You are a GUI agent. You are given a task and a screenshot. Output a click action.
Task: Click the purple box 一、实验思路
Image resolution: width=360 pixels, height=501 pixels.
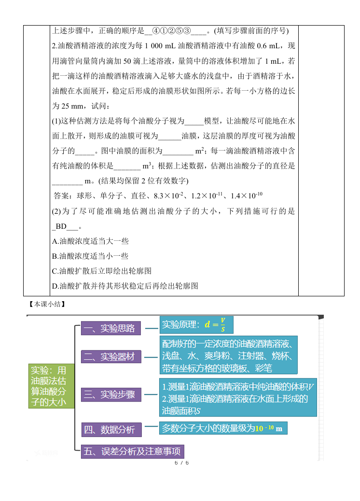coord(111,329)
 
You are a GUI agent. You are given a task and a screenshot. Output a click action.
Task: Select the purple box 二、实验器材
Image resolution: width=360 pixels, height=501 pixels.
coord(111,357)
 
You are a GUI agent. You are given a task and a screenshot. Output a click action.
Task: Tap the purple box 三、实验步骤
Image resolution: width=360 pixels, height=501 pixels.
coord(111,395)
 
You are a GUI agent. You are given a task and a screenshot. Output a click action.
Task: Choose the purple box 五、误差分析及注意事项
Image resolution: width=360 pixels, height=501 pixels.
coord(132,451)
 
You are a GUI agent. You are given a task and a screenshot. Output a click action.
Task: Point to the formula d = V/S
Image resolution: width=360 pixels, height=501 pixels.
coord(215,324)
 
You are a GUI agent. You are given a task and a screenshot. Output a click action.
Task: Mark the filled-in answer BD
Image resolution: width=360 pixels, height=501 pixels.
coord(61,226)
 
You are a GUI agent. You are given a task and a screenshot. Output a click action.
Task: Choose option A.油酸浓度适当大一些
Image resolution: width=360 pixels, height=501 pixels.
coord(90,241)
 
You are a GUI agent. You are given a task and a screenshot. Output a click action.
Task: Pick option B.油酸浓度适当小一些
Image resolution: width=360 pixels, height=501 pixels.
coord(90,256)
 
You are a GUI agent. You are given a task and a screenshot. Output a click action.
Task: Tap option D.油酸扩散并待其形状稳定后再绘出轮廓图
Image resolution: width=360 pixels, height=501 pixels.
coord(125,286)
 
